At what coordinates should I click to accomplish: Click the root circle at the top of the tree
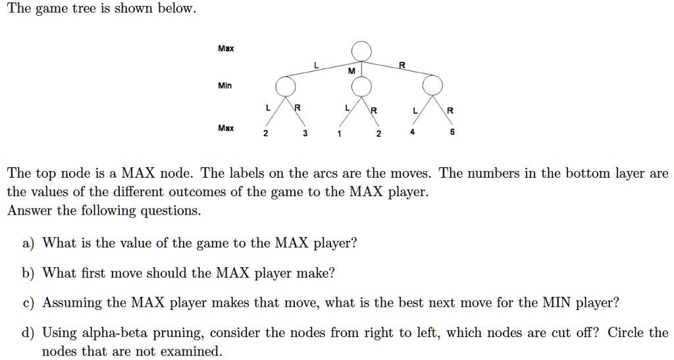[x=361, y=50]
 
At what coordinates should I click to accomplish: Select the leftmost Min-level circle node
[x=285, y=86]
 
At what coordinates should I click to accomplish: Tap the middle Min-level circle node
[x=361, y=86]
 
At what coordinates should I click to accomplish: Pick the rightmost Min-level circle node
[x=432, y=86]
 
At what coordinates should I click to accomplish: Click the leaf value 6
[x=452, y=132]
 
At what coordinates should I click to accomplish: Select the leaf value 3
[x=305, y=134]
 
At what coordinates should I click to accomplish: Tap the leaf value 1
[x=338, y=134]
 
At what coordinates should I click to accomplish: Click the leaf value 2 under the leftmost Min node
[x=265, y=134]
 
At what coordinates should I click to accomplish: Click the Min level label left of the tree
[x=225, y=86]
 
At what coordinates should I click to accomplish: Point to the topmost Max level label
[x=226, y=49]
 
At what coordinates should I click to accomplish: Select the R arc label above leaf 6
[x=450, y=111]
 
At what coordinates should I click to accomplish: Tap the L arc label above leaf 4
[x=415, y=111]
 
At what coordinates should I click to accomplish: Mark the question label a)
[x=28, y=244]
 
